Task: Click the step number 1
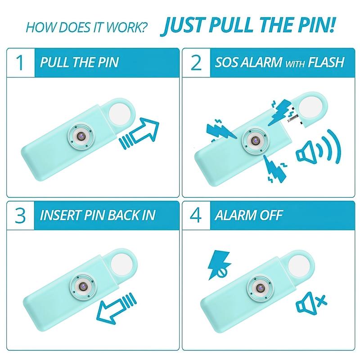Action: [20, 63]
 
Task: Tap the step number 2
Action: [196, 63]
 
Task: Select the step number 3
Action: [20, 216]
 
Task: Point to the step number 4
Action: [196, 216]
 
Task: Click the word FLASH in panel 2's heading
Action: [326, 62]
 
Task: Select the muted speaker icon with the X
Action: [311, 303]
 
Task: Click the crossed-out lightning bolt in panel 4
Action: [219, 265]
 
